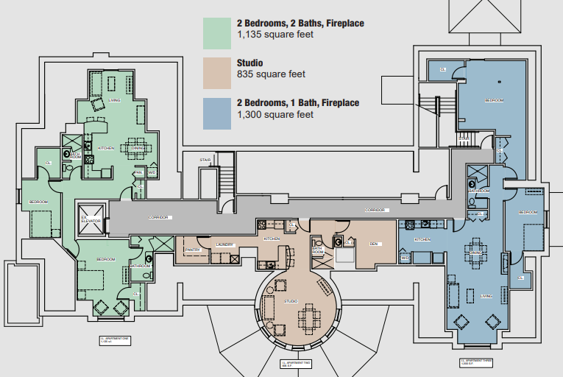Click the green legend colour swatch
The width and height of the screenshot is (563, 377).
(217, 32)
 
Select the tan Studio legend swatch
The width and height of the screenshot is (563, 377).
(217, 72)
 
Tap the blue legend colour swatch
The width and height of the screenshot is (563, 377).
(217, 112)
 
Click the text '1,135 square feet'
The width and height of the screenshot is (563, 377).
(272, 35)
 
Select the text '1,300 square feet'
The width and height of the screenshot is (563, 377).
(272, 115)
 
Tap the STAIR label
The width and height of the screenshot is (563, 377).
(205, 160)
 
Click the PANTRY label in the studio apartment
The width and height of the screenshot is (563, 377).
(193, 250)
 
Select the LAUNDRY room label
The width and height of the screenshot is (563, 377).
(224, 244)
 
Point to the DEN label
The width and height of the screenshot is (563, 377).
(373, 244)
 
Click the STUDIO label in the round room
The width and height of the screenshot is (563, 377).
(291, 301)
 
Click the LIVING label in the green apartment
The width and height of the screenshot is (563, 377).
(114, 100)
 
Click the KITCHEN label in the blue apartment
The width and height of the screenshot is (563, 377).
(422, 239)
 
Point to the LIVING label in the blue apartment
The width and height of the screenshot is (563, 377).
(486, 297)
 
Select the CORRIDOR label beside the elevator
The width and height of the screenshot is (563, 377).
(159, 218)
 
